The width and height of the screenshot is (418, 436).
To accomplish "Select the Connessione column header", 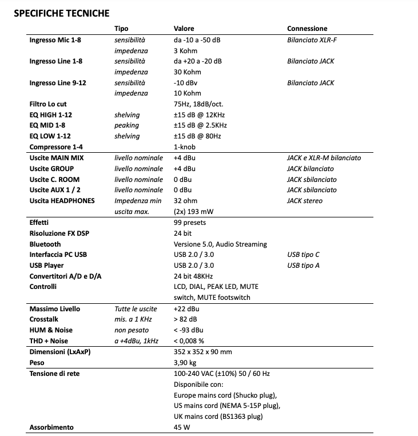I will (307, 29).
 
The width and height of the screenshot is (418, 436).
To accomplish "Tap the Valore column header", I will (184, 29).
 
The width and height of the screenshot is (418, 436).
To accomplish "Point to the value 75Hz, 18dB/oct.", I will (198, 104).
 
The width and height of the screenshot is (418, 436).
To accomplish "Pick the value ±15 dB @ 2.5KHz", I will (199, 125).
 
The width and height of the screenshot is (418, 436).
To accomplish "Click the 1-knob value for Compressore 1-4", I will (184, 146).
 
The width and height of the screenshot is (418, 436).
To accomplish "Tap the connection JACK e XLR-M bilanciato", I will (324, 157).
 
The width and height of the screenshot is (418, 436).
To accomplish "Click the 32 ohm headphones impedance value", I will (185, 201).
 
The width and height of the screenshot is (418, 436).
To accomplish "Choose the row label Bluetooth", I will (45, 244).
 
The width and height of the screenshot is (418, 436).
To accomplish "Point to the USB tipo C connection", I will (303, 255).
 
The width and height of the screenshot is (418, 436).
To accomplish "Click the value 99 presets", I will (189, 223).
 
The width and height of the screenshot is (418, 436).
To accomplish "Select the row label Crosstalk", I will (43, 319).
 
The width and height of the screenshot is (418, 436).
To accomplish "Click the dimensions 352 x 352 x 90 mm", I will (202, 352).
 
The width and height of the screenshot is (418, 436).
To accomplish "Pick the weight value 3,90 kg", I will (185, 363).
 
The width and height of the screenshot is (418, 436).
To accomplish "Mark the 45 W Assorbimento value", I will (182, 427).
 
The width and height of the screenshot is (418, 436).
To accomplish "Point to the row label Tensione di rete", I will (54, 374).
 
